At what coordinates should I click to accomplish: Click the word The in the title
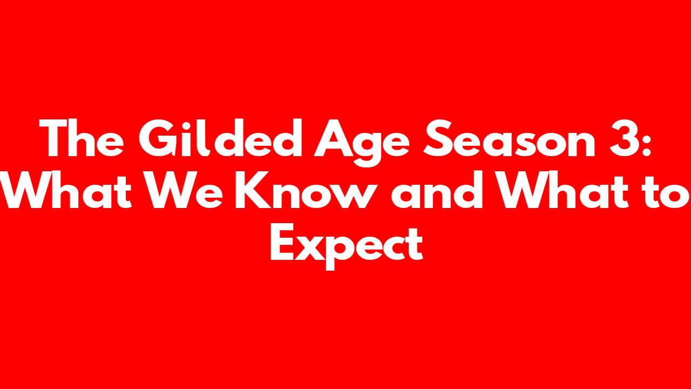(x=82, y=138)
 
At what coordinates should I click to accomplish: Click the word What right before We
(x=66, y=189)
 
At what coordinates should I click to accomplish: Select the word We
(x=184, y=189)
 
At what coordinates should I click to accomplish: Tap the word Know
(x=303, y=189)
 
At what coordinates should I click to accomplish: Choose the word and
(x=437, y=189)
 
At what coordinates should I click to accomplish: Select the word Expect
(x=347, y=246)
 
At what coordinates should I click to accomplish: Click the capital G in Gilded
(x=158, y=138)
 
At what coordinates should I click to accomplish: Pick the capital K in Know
(x=253, y=189)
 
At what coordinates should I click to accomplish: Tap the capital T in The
(x=53, y=138)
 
